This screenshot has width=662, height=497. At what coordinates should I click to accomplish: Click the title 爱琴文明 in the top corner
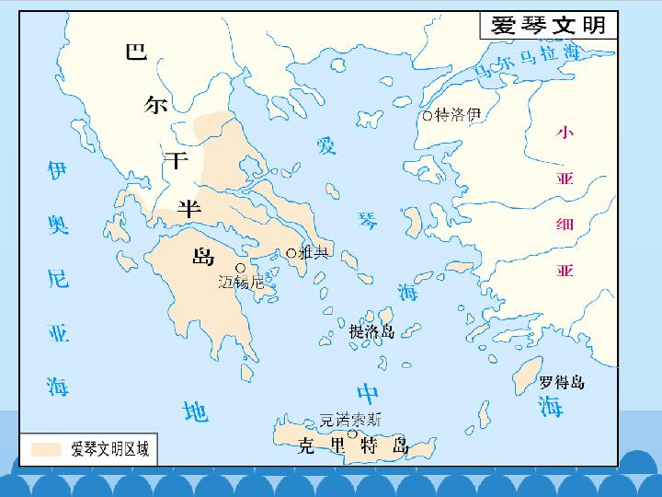click(549, 25)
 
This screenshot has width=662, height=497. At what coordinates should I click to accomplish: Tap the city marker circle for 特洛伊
click(428, 116)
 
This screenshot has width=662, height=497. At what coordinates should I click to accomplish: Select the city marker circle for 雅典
click(291, 253)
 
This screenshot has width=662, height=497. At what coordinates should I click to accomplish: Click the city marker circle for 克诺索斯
click(351, 433)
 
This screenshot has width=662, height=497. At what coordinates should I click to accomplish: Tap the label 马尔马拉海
click(526, 62)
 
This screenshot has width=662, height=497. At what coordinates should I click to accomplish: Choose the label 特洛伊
click(458, 115)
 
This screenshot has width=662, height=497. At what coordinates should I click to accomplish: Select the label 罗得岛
click(562, 382)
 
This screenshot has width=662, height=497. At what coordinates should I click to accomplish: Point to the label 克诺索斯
click(349, 419)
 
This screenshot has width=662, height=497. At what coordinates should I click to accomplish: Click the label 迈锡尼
click(241, 283)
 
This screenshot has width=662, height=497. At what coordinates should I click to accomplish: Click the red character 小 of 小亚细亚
click(565, 133)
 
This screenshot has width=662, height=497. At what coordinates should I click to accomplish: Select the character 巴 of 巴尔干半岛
click(136, 52)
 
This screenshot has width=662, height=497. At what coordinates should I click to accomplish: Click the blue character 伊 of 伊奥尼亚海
click(57, 170)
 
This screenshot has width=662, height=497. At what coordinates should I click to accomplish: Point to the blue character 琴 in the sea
click(369, 220)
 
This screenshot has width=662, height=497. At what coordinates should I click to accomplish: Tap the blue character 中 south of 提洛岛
click(369, 394)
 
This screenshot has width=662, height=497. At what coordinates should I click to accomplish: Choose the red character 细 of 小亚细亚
click(565, 225)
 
